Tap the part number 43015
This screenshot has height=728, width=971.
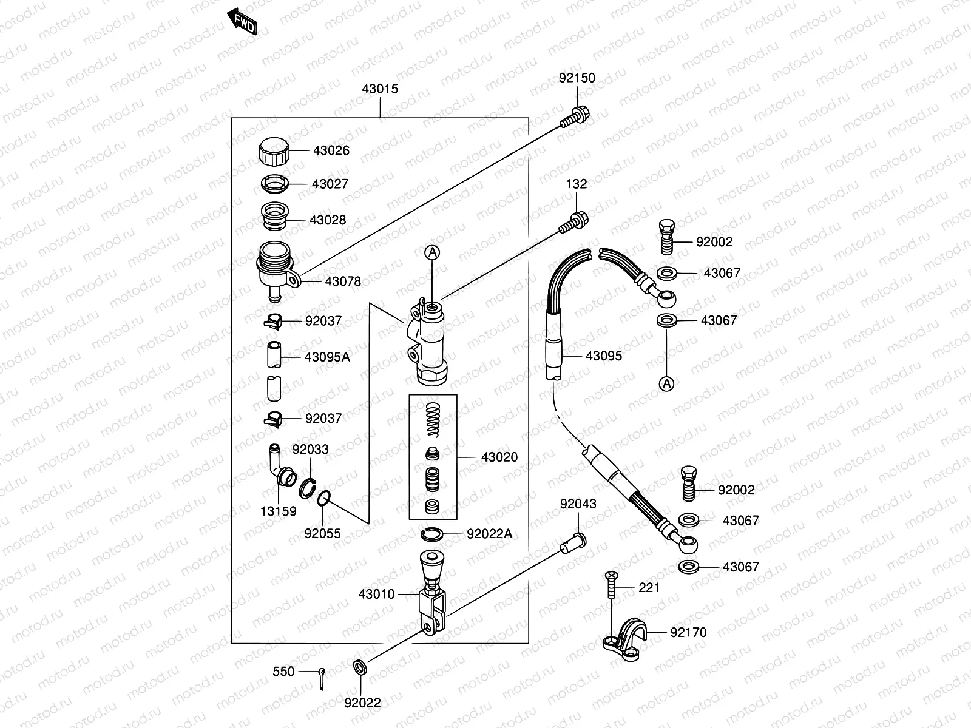coord(380,89)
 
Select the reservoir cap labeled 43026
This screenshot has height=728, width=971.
coord(274,152)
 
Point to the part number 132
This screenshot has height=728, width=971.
coord(576,184)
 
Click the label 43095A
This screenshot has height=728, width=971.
coord(327,357)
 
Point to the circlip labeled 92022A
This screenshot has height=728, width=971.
coord(431,534)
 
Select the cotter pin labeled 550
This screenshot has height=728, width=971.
coord(322,678)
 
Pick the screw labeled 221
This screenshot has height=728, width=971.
coord(611,586)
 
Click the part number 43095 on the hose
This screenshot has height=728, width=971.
coord(603,356)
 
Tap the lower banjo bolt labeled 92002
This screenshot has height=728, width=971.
coord(688,484)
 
